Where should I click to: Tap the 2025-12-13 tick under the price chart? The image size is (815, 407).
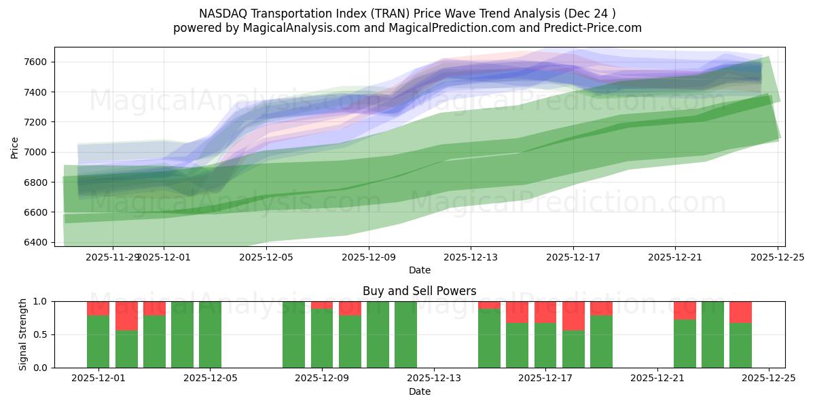click(471, 257)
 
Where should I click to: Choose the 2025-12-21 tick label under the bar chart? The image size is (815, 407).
click(657, 379)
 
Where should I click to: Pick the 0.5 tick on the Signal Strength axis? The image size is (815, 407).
click(43, 334)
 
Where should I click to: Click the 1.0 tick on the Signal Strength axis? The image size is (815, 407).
click(43, 301)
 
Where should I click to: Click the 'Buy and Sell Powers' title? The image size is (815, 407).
click(419, 291)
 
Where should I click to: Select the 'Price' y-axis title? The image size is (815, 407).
click(15, 147)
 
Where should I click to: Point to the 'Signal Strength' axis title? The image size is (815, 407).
click(23, 334)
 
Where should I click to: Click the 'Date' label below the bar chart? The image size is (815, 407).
click(419, 391)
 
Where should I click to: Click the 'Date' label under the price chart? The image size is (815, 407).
click(419, 270)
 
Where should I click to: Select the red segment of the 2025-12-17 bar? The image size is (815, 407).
click(545, 311)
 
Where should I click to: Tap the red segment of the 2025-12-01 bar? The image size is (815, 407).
click(98, 308)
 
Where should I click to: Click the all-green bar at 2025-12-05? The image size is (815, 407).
click(210, 334)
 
